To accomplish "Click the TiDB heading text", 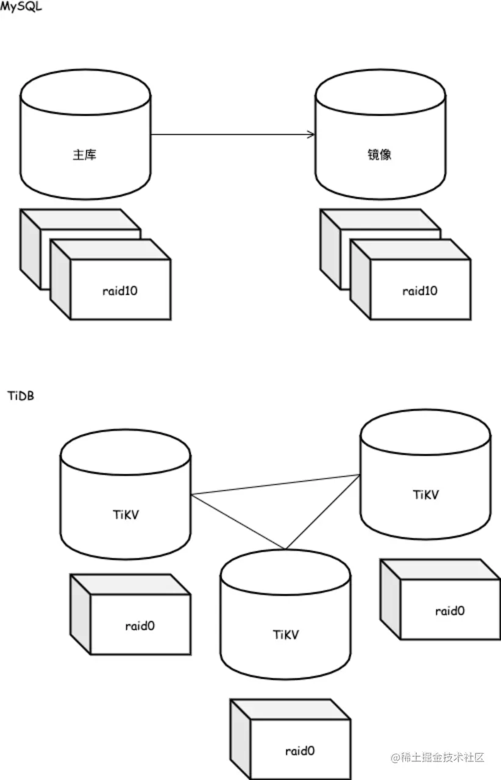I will point(21,396).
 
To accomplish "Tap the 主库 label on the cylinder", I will point(85,155).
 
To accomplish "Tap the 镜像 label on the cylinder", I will point(381,155).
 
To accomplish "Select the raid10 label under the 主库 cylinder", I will point(120,291).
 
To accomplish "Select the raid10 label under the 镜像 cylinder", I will point(420,291).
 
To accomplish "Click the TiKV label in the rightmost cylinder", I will point(425,494).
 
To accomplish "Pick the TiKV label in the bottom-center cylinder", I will point(286,634).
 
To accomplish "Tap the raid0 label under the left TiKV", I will point(140,625).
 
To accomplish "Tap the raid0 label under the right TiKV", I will point(450,611).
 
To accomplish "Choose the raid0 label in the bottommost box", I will point(300,751).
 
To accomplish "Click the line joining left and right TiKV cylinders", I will point(274,484).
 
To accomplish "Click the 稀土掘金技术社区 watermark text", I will point(438,757).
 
